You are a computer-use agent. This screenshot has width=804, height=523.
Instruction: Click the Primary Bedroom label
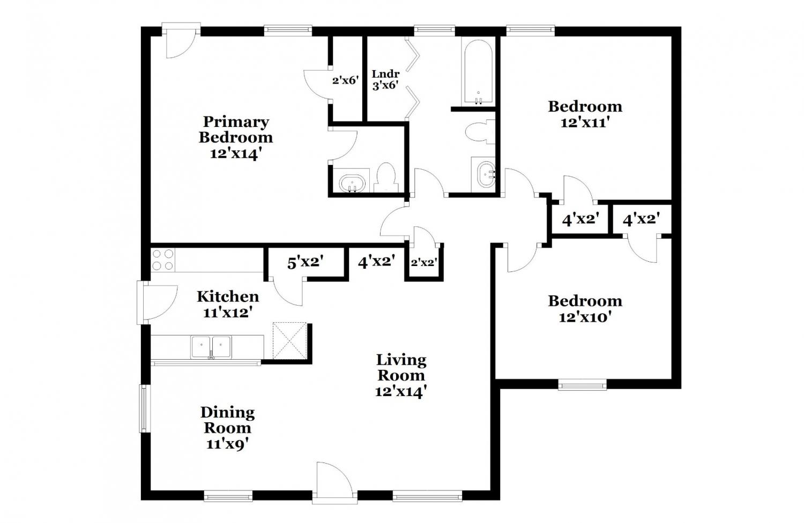(236, 130)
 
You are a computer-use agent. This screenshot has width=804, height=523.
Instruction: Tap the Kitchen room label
(228, 297)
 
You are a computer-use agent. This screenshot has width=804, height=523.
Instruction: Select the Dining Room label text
(228, 420)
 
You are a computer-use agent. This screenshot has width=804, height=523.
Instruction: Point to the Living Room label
(401, 368)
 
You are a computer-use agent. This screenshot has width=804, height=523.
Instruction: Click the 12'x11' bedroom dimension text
(585, 123)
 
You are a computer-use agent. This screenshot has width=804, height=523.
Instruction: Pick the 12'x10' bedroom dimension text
(585, 317)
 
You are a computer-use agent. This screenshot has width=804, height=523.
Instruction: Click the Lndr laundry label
(385, 74)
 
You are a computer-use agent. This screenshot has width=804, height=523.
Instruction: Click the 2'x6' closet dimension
(346, 80)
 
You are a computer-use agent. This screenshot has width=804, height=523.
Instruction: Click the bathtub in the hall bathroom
(478, 72)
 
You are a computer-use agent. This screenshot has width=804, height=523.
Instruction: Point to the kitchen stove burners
(162, 260)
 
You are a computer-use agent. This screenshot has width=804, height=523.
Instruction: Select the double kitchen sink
(211, 347)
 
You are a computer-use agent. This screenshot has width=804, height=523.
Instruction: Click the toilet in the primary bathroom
(386, 178)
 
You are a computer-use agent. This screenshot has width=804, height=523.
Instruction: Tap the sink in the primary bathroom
(352, 183)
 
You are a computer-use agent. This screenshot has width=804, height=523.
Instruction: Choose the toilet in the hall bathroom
(480, 132)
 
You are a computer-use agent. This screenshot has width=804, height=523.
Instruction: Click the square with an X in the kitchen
(289, 340)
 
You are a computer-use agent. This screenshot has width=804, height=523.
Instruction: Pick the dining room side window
(144, 408)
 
